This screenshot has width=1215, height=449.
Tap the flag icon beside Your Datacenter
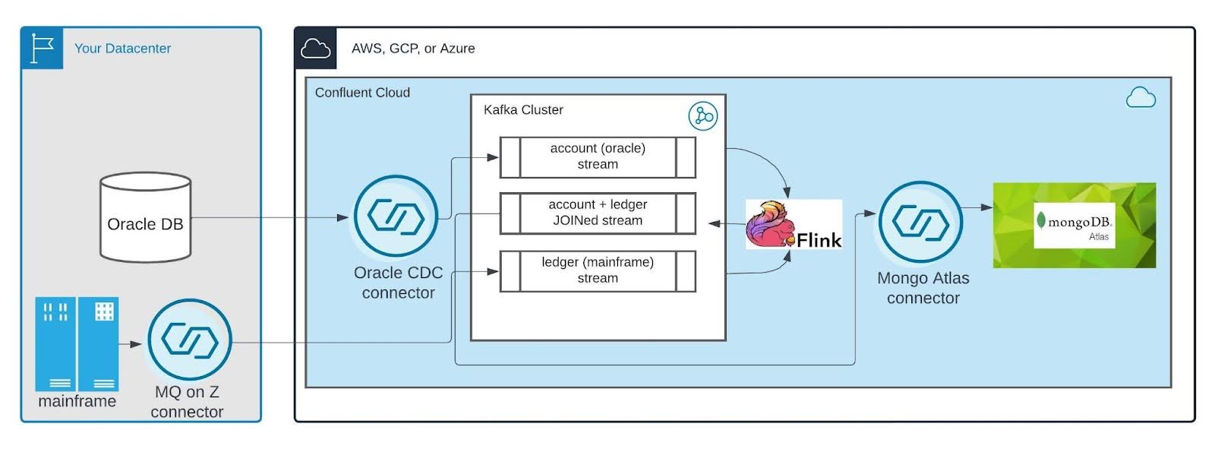[43, 48]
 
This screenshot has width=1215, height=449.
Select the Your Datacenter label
[122, 49]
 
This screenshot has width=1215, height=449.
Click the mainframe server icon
[77, 343]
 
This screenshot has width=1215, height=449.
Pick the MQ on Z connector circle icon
[189, 340]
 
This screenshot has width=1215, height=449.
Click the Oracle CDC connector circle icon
[396, 217]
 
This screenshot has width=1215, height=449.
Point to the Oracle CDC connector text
[398, 283]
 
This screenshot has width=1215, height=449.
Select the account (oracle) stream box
[598, 157]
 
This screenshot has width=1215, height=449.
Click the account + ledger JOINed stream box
[598, 213]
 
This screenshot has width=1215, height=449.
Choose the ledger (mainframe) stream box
[598, 270]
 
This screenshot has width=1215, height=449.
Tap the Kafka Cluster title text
[523, 110]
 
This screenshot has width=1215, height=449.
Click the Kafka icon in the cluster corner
[702, 116]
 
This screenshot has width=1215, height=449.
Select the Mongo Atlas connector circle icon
[920, 223]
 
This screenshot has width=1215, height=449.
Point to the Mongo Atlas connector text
[923, 289]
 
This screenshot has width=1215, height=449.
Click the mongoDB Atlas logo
[1074, 225]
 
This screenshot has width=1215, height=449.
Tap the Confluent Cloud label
[362, 93]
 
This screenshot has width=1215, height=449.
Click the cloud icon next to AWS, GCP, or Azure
[315, 49]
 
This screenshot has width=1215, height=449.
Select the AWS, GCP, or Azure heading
[413, 49]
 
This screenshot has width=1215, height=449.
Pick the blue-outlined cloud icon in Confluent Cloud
[1141, 98]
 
